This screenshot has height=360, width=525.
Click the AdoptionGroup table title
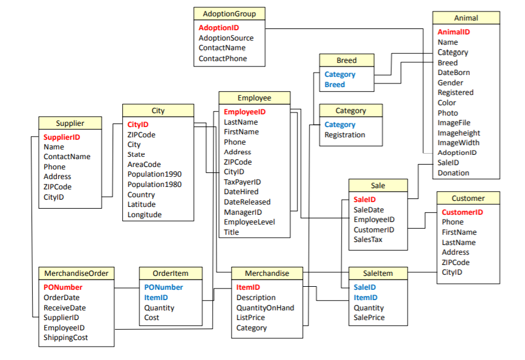(229, 13)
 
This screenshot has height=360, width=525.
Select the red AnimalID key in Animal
(454, 32)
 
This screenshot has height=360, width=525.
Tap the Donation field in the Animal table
(453, 172)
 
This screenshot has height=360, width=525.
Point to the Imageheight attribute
(458, 133)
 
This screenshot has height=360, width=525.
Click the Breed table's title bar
(347, 60)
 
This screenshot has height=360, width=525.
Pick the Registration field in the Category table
(345, 135)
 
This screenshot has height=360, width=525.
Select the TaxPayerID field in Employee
(242, 182)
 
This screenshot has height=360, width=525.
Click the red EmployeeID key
(244, 112)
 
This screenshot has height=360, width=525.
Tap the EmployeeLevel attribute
(249, 222)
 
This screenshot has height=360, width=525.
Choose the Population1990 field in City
(154, 174)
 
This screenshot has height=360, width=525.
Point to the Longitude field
(144, 214)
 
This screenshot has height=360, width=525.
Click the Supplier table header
(70, 123)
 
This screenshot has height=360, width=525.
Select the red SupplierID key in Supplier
(62, 137)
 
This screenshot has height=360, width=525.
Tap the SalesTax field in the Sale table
(368, 239)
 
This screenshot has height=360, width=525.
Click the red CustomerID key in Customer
(462, 212)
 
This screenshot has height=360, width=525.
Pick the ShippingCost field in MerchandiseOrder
(65, 338)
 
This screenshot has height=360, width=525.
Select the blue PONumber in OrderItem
(163, 287)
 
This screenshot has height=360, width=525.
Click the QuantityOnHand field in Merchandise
(265, 307)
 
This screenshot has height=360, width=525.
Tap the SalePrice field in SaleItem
(369, 317)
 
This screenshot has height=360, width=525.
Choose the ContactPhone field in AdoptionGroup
(223, 59)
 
